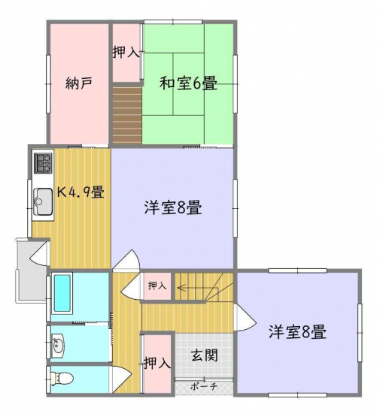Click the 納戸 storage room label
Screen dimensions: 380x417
click(x=79, y=83)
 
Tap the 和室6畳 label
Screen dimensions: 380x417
click(x=188, y=83)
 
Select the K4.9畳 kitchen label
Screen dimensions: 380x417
click(x=81, y=192)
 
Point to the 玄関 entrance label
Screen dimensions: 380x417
click(x=205, y=355)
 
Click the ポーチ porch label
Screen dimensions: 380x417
click(x=204, y=386)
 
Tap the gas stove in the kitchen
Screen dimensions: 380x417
click(x=43, y=163)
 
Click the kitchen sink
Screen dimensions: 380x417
click(x=43, y=201)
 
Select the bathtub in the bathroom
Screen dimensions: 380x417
click(x=63, y=293)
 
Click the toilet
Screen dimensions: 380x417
click(x=62, y=378)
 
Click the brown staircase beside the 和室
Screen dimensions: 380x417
click(x=127, y=113)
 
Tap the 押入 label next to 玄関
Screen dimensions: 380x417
click(x=157, y=363)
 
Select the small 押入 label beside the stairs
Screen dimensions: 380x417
click(x=157, y=286)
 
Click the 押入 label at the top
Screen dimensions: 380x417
click(x=126, y=52)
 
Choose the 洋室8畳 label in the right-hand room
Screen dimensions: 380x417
click(x=297, y=331)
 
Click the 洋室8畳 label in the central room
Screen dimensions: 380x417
click(x=173, y=207)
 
